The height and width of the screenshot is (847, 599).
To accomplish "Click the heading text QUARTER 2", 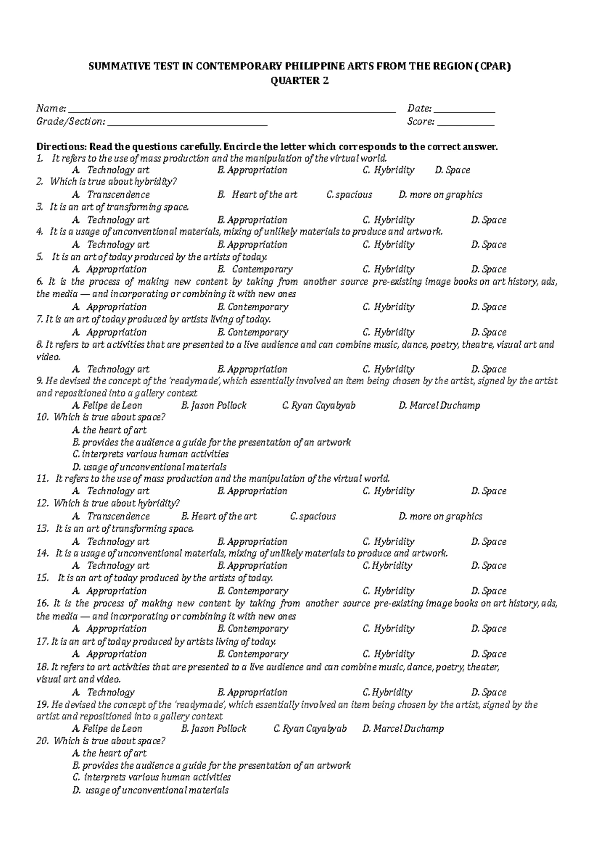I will click(x=299, y=81).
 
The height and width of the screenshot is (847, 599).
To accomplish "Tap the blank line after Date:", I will click(x=464, y=112).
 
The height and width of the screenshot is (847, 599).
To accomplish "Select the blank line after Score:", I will click(x=465, y=125).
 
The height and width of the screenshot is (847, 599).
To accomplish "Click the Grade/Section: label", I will click(x=71, y=122).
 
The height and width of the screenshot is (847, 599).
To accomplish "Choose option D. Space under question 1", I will click(x=452, y=170).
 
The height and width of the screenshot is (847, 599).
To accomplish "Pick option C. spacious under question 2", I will click(x=349, y=195).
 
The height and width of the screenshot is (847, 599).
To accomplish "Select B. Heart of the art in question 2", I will click(x=257, y=195).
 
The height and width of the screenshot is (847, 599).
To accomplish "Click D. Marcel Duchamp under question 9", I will click(x=439, y=406).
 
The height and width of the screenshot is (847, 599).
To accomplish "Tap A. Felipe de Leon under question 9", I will click(x=107, y=406).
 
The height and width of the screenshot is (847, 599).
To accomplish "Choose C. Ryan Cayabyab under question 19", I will click(x=310, y=729).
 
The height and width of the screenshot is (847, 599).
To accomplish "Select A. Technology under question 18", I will click(x=103, y=692).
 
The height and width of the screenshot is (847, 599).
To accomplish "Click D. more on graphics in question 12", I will click(x=440, y=516).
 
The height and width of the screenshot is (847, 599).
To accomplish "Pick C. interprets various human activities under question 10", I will click(x=150, y=454).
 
